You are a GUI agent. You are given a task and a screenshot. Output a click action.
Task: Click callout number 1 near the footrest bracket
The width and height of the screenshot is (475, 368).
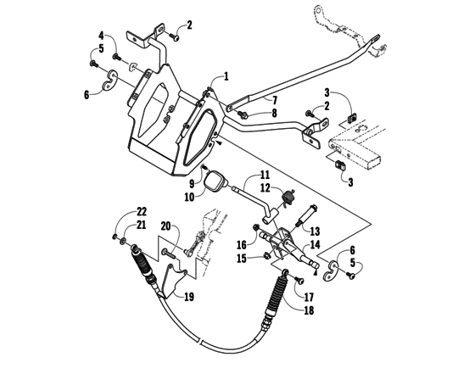[x=226, y=77]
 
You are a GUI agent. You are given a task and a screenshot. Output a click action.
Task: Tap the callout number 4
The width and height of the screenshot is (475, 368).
[x=101, y=36]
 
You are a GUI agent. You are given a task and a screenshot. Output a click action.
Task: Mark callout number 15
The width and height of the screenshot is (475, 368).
[x=243, y=258]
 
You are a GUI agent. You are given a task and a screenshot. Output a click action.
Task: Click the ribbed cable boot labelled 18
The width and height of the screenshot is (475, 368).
[x=277, y=298]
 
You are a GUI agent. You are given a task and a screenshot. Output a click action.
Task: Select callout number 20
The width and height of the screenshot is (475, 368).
[x=167, y=226]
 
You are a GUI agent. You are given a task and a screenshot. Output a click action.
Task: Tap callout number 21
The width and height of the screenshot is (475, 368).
[x=142, y=224]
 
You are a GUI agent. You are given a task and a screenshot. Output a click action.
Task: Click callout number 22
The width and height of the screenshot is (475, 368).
[x=142, y=211]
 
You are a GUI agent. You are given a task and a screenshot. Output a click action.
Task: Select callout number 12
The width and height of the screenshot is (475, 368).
[x=265, y=187]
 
